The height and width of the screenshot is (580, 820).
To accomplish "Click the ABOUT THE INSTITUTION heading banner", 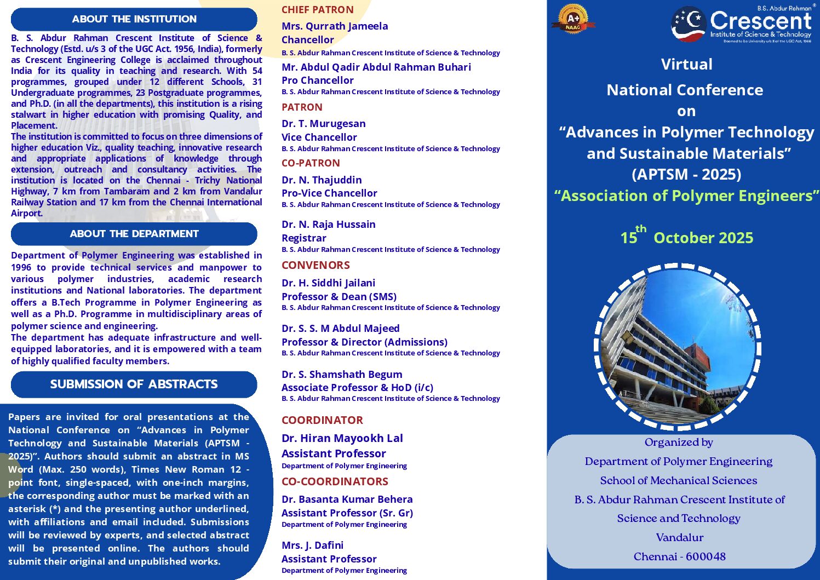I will point(134,19).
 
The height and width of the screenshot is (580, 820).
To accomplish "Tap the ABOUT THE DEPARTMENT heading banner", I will point(134,234).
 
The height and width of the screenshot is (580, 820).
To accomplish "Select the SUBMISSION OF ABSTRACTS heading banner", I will point(134,384).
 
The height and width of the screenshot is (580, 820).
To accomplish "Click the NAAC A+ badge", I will point(573,19).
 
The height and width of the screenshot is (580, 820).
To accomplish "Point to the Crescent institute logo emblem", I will point(689,24).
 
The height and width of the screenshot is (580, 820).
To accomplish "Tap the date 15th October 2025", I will point(686,237).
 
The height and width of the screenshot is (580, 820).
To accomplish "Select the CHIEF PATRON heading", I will point(317,10).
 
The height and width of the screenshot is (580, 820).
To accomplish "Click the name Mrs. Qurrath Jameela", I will point(335,26).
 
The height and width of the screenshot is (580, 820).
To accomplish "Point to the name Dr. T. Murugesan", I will point(323,124).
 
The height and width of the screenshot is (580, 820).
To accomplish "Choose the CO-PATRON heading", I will point(311,163).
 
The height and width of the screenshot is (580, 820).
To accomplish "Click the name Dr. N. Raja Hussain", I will point(328,225).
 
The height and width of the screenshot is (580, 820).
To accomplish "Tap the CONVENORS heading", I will point(316,265).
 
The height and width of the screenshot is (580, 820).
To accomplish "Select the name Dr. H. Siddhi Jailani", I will point(328,283).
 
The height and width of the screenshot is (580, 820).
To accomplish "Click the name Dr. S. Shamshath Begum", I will point(342,375).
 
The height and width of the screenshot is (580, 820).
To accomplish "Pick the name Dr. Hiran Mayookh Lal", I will point(342,438).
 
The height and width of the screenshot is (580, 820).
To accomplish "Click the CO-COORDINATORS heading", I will point(335,481).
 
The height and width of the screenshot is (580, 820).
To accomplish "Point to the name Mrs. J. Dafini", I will point(312,545).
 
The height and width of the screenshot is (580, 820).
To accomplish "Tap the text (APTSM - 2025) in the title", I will point(686,174).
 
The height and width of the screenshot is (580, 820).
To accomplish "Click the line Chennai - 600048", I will point(679,556).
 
